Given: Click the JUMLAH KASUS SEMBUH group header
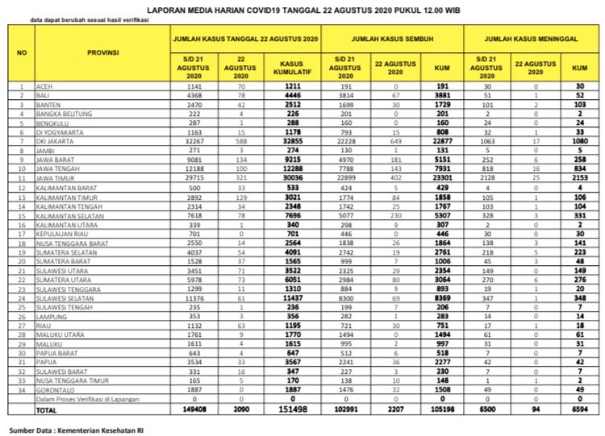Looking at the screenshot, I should tap(390, 39).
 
